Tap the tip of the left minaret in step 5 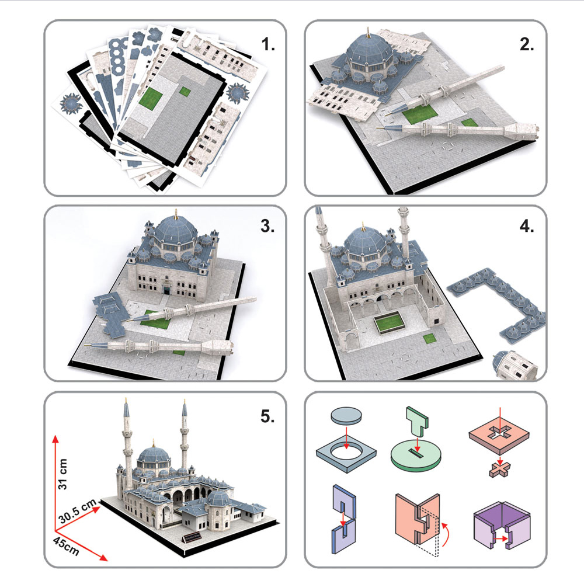[125, 402]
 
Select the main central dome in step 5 [153, 456]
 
